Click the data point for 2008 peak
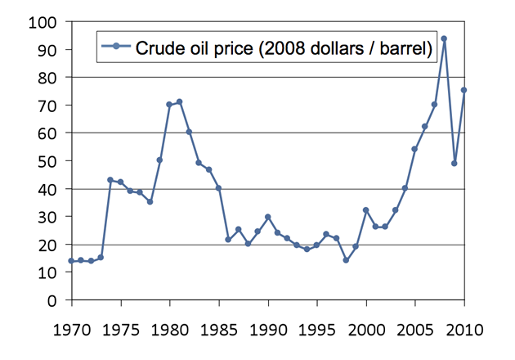(x=444, y=38)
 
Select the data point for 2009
(x=454, y=163)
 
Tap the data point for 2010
(x=463, y=90)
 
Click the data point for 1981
(x=179, y=102)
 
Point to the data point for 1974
(x=110, y=180)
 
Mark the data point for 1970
(x=71, y=261)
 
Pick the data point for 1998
(x=346, y=260)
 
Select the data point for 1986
(x=228, y=240)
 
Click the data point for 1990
(x=267, y=217)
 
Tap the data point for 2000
(x=365, y=210)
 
